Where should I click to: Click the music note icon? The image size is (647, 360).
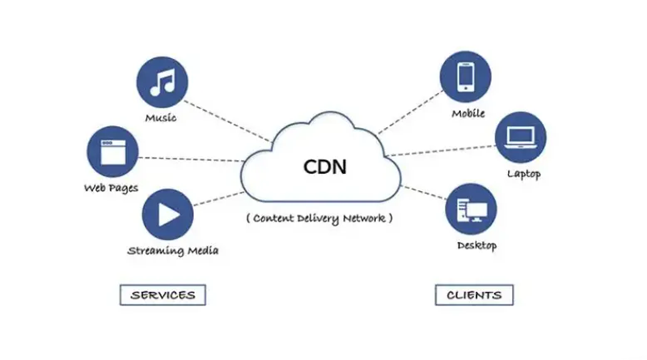point(163,83)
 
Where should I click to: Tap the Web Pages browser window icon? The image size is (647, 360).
point(112,151)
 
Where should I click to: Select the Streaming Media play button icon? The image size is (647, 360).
point(167,214)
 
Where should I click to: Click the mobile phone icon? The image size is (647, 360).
point(466,77)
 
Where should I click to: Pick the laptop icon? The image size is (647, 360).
point(521,138)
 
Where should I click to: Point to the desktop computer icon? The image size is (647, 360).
point(471,210)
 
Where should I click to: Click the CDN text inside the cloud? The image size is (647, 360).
point(325,167)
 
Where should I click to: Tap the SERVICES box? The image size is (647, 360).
point(163,294)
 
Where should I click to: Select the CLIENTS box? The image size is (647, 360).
point(474,294)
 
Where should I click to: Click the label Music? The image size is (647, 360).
point(161,118)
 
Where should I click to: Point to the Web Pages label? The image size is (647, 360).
point(111,188)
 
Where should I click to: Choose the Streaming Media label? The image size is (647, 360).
point(173,251)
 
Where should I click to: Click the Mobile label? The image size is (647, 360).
point(468,113)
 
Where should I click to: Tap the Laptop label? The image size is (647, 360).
point(524,174)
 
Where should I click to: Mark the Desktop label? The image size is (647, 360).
point(476,246)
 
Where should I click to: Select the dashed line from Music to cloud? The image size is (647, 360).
point(228,121)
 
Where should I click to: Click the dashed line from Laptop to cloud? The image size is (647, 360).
point(440,150)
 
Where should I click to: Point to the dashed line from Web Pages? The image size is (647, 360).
point(192,159)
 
